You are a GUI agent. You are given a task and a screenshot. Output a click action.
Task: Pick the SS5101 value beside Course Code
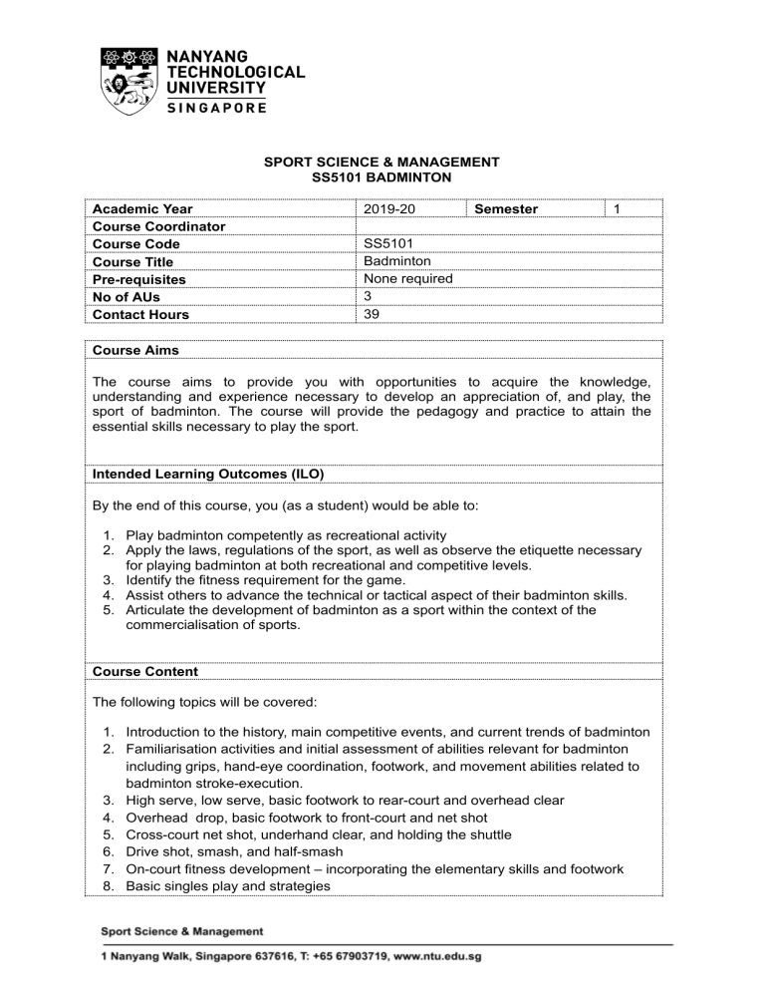[391, 244]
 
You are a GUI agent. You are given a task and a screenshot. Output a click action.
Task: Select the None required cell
[408, 279]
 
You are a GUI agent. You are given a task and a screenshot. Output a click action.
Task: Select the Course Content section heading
[146, 671]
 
